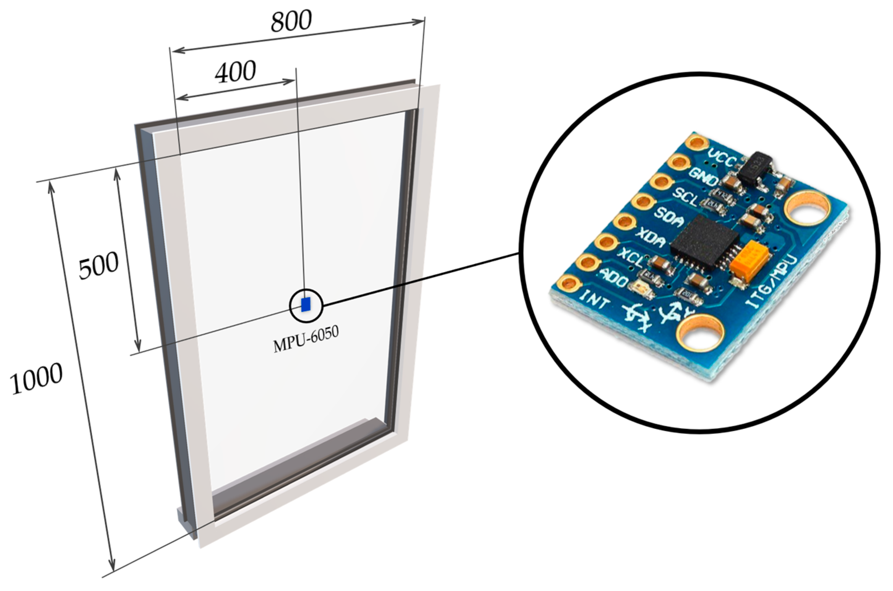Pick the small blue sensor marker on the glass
coord(306,304)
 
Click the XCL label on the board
coord(633,258)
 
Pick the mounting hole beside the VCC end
coord(808,214)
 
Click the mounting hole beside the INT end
coord(700,337)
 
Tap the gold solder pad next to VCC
coord(697,142)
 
